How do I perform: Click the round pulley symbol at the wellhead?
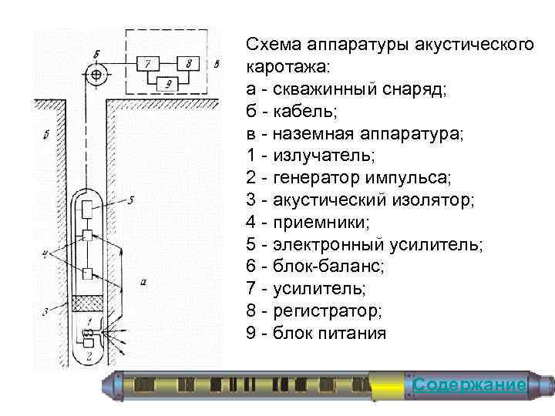point(96,75)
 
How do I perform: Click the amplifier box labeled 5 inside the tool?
point(89,208)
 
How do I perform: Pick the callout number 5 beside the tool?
point(131,200)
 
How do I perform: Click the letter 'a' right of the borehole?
point(145,282)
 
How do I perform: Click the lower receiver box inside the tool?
point(89,273)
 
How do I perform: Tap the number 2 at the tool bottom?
point(90,356)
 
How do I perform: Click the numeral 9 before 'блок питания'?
point(251,334)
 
